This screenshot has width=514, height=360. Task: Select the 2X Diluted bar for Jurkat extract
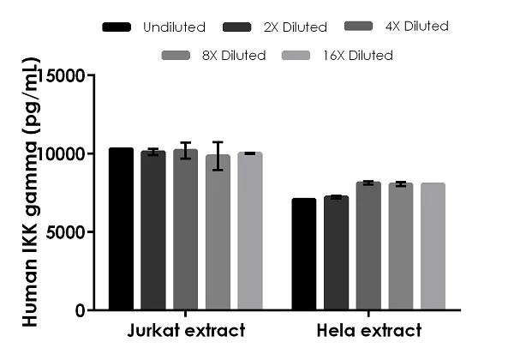(x=153, y=231)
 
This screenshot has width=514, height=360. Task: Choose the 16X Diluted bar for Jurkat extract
(x=249, y=231)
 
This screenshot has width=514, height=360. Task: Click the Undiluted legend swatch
(x=117, y=27)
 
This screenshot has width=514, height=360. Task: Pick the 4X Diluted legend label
(x=415, y=27)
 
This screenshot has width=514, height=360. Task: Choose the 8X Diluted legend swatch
(x=176, y=56)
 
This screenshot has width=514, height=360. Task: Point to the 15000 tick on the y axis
(x=92, y=75)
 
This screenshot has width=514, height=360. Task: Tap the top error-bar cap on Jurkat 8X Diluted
(x=218, y=142)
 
